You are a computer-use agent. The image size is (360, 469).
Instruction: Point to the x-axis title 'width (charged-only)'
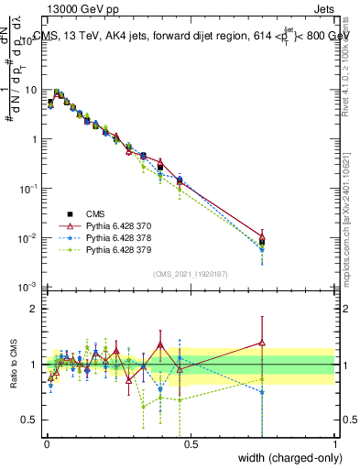tap(287, 458)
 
